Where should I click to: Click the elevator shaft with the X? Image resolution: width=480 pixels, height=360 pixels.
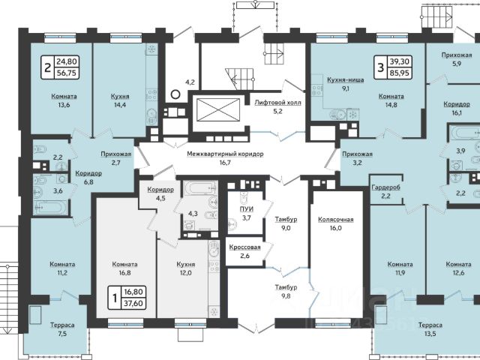(x=218, y=110)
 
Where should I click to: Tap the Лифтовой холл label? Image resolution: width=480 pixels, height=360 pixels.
(x=277, y=103)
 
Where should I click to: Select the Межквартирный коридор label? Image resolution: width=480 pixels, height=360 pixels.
(x=225, y=154)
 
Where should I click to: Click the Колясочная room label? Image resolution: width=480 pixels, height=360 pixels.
(x=336, y=220)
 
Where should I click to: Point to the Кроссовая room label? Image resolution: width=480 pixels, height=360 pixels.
(x=245, y=247)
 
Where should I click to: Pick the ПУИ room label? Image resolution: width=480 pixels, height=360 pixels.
(x=247, y=209)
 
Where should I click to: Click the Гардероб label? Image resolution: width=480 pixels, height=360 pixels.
(x=385, y=187)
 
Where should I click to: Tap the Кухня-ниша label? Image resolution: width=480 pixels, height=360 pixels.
(x=346, y=80)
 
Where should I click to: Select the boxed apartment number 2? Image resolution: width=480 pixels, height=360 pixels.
(x=48, y=67)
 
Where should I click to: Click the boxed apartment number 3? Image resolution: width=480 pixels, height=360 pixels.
(x=380, y=67)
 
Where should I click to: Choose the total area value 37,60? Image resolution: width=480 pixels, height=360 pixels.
(x=133, y=303)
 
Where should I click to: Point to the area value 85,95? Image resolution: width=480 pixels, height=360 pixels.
(x=400, y=73)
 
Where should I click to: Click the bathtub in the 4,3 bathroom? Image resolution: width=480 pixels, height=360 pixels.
(x=200, y=188)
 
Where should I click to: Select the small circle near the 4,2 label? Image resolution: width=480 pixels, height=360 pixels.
(x=175, y=94)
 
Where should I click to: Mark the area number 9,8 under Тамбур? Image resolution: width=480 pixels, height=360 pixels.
(x=286, y=296)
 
